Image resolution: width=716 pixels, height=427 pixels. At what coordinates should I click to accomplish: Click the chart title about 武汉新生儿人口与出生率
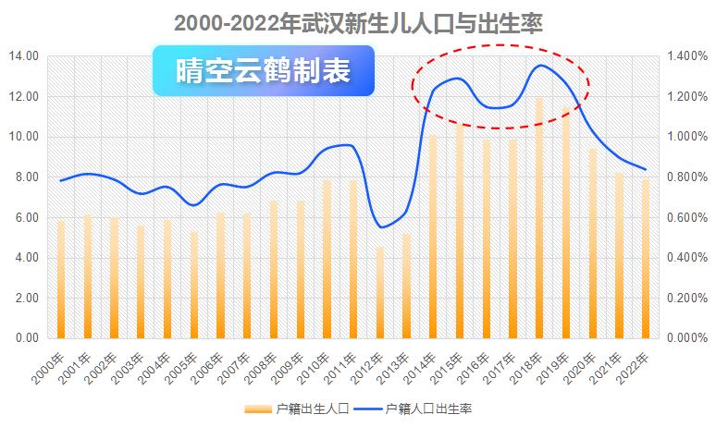point(357,21)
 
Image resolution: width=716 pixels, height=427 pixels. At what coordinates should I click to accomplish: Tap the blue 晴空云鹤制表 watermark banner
point(264,71)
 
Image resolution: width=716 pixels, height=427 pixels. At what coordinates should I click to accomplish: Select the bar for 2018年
point(539,218)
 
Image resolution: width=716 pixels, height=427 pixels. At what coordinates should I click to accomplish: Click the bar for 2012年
point(379,292)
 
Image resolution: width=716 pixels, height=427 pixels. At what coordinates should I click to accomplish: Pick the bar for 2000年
point(61,279)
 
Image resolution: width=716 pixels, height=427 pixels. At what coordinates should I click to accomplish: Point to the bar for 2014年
point(432,237)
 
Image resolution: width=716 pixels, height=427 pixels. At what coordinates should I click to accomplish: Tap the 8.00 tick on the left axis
point(26,177)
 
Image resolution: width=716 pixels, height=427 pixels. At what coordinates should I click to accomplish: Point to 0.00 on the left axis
point(26,339)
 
